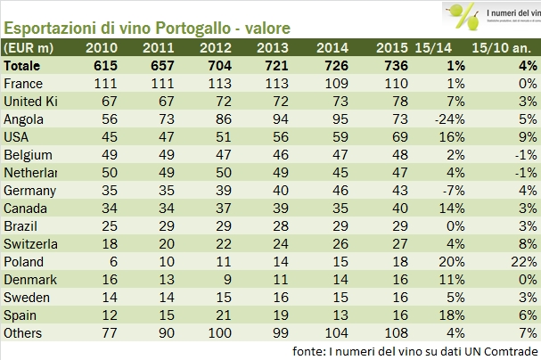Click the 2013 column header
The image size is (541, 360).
[271, 47]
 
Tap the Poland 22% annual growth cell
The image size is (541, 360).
[521, 263]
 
